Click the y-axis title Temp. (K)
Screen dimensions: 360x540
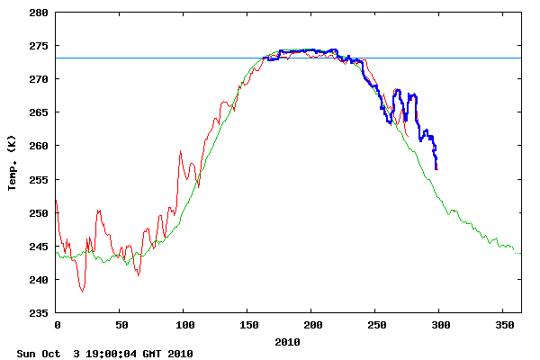pyautogui.click(x=13, y=163)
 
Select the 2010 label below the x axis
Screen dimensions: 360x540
pyautogui.click(x=288, y=342)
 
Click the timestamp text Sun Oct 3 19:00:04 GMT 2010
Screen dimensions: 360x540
pyautogui.click(x=104, y=354)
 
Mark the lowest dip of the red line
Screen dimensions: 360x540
pyautogui.click(x=82, y=292)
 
